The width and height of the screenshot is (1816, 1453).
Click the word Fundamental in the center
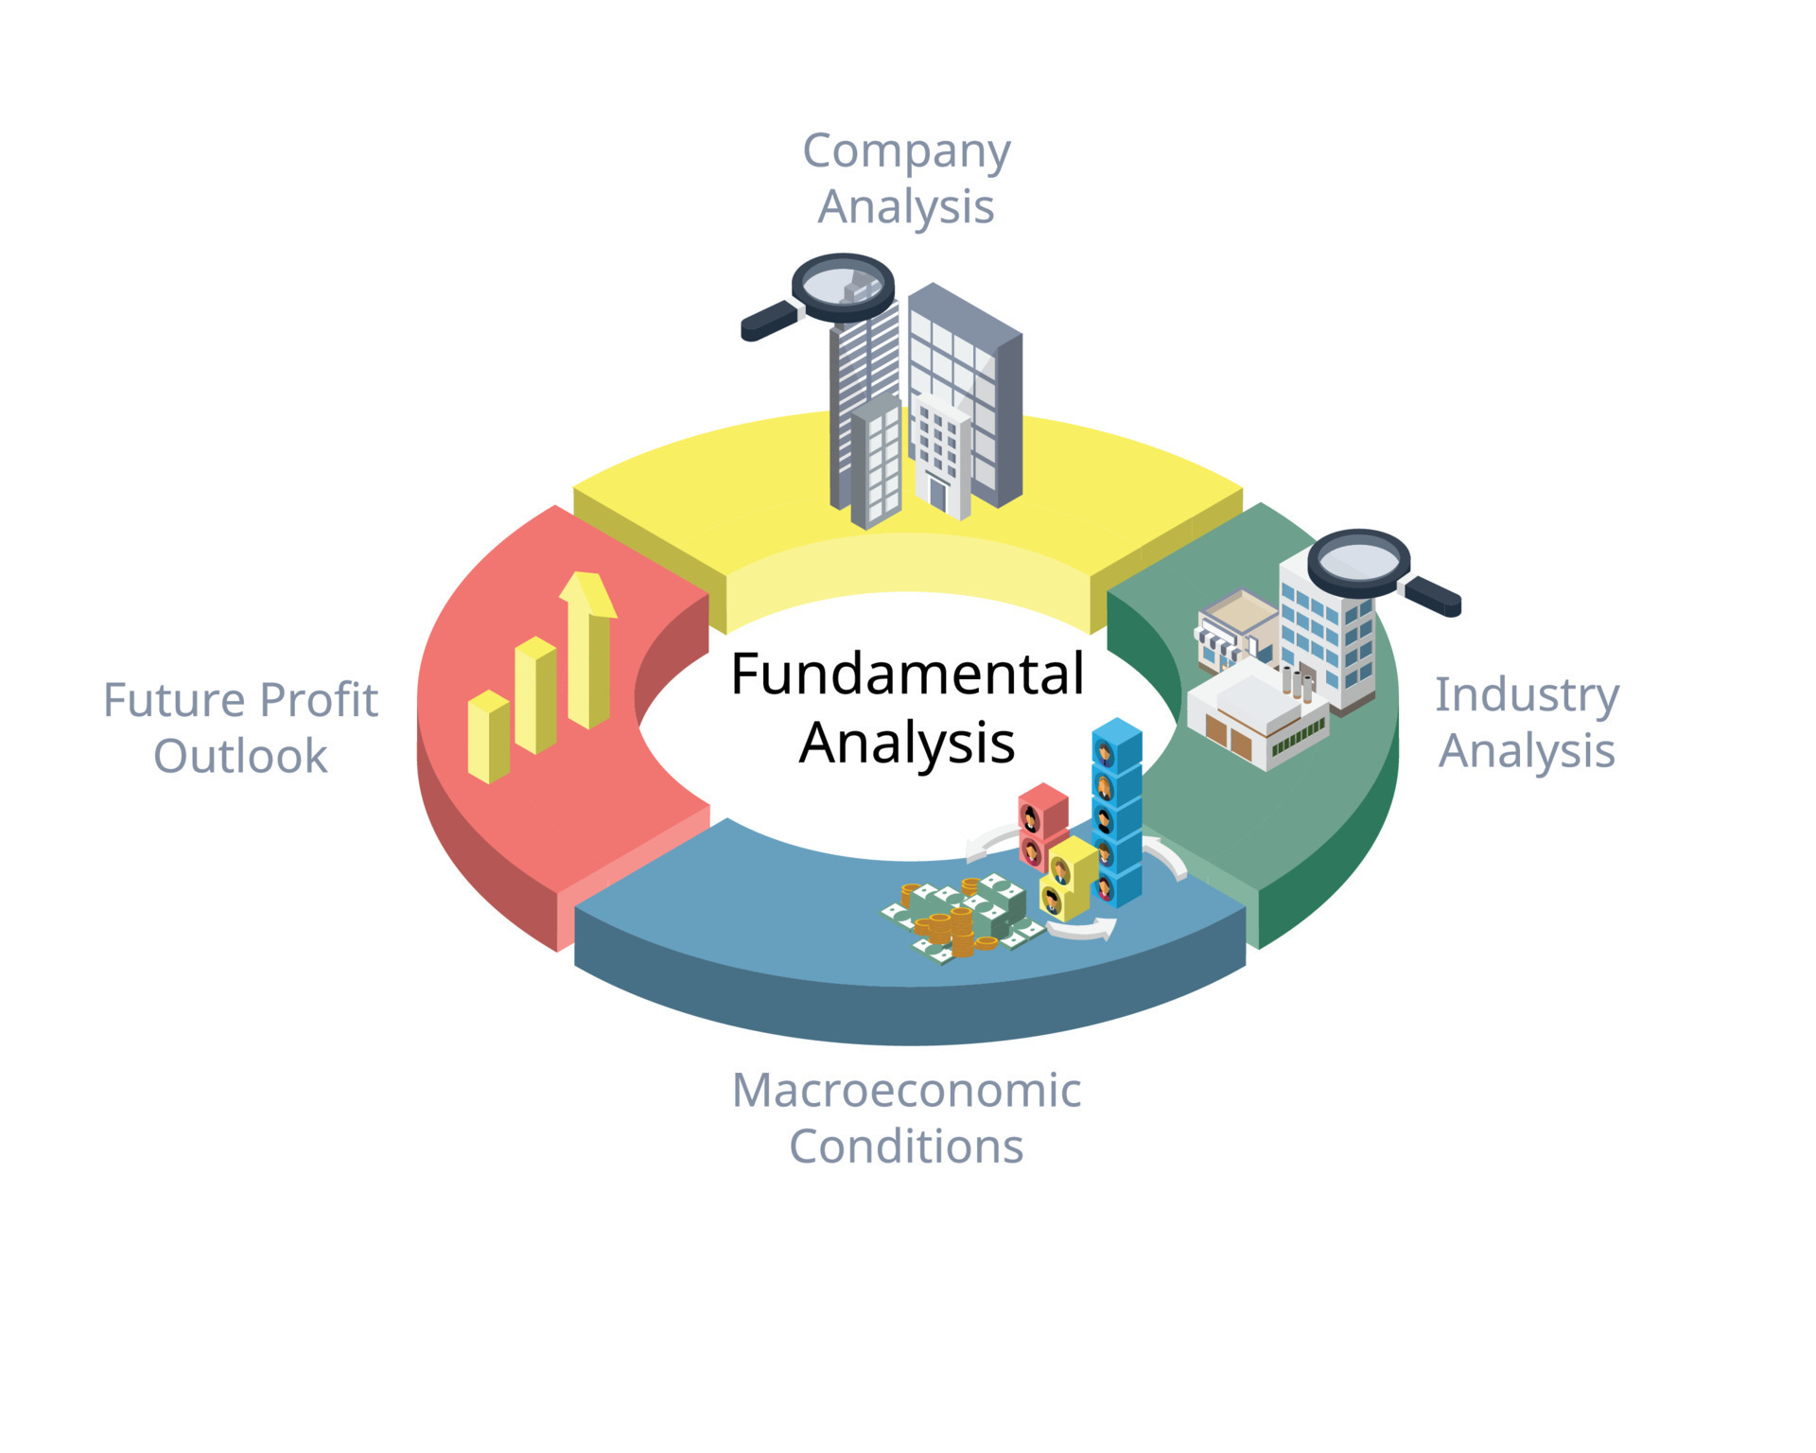pyautogui.click(x=907, y=674)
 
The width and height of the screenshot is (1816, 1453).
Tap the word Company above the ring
pyautogui.click(x=906, y=151)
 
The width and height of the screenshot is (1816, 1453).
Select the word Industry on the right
pyautogui.click(x=1527, y=694)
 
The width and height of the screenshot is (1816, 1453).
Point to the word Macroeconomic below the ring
pyautogui.click(x=906, y=1090)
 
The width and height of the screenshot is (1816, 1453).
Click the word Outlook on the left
pyautogui.click(x=240, y=756)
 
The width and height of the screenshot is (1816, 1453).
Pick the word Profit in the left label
pyautogui.click(x=318, y=700)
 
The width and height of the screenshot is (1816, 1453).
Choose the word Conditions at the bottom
pyautogui.click(x=906, y=1147)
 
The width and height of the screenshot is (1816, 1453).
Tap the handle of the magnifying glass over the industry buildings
pyautogui.click(x=1433, y=596)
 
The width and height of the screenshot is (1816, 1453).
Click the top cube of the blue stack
pyautogui.click(x=1117, y=743)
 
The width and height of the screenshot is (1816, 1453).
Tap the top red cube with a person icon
pyautogui.click(x=1043, y=807)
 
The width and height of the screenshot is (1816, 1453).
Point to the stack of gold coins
pyautogui.click(x=962, y=932)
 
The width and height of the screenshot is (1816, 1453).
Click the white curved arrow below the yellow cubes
pyautogui.click(x=1080, y=931)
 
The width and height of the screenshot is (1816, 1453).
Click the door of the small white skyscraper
pyautogui.click(x=937, y=493)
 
